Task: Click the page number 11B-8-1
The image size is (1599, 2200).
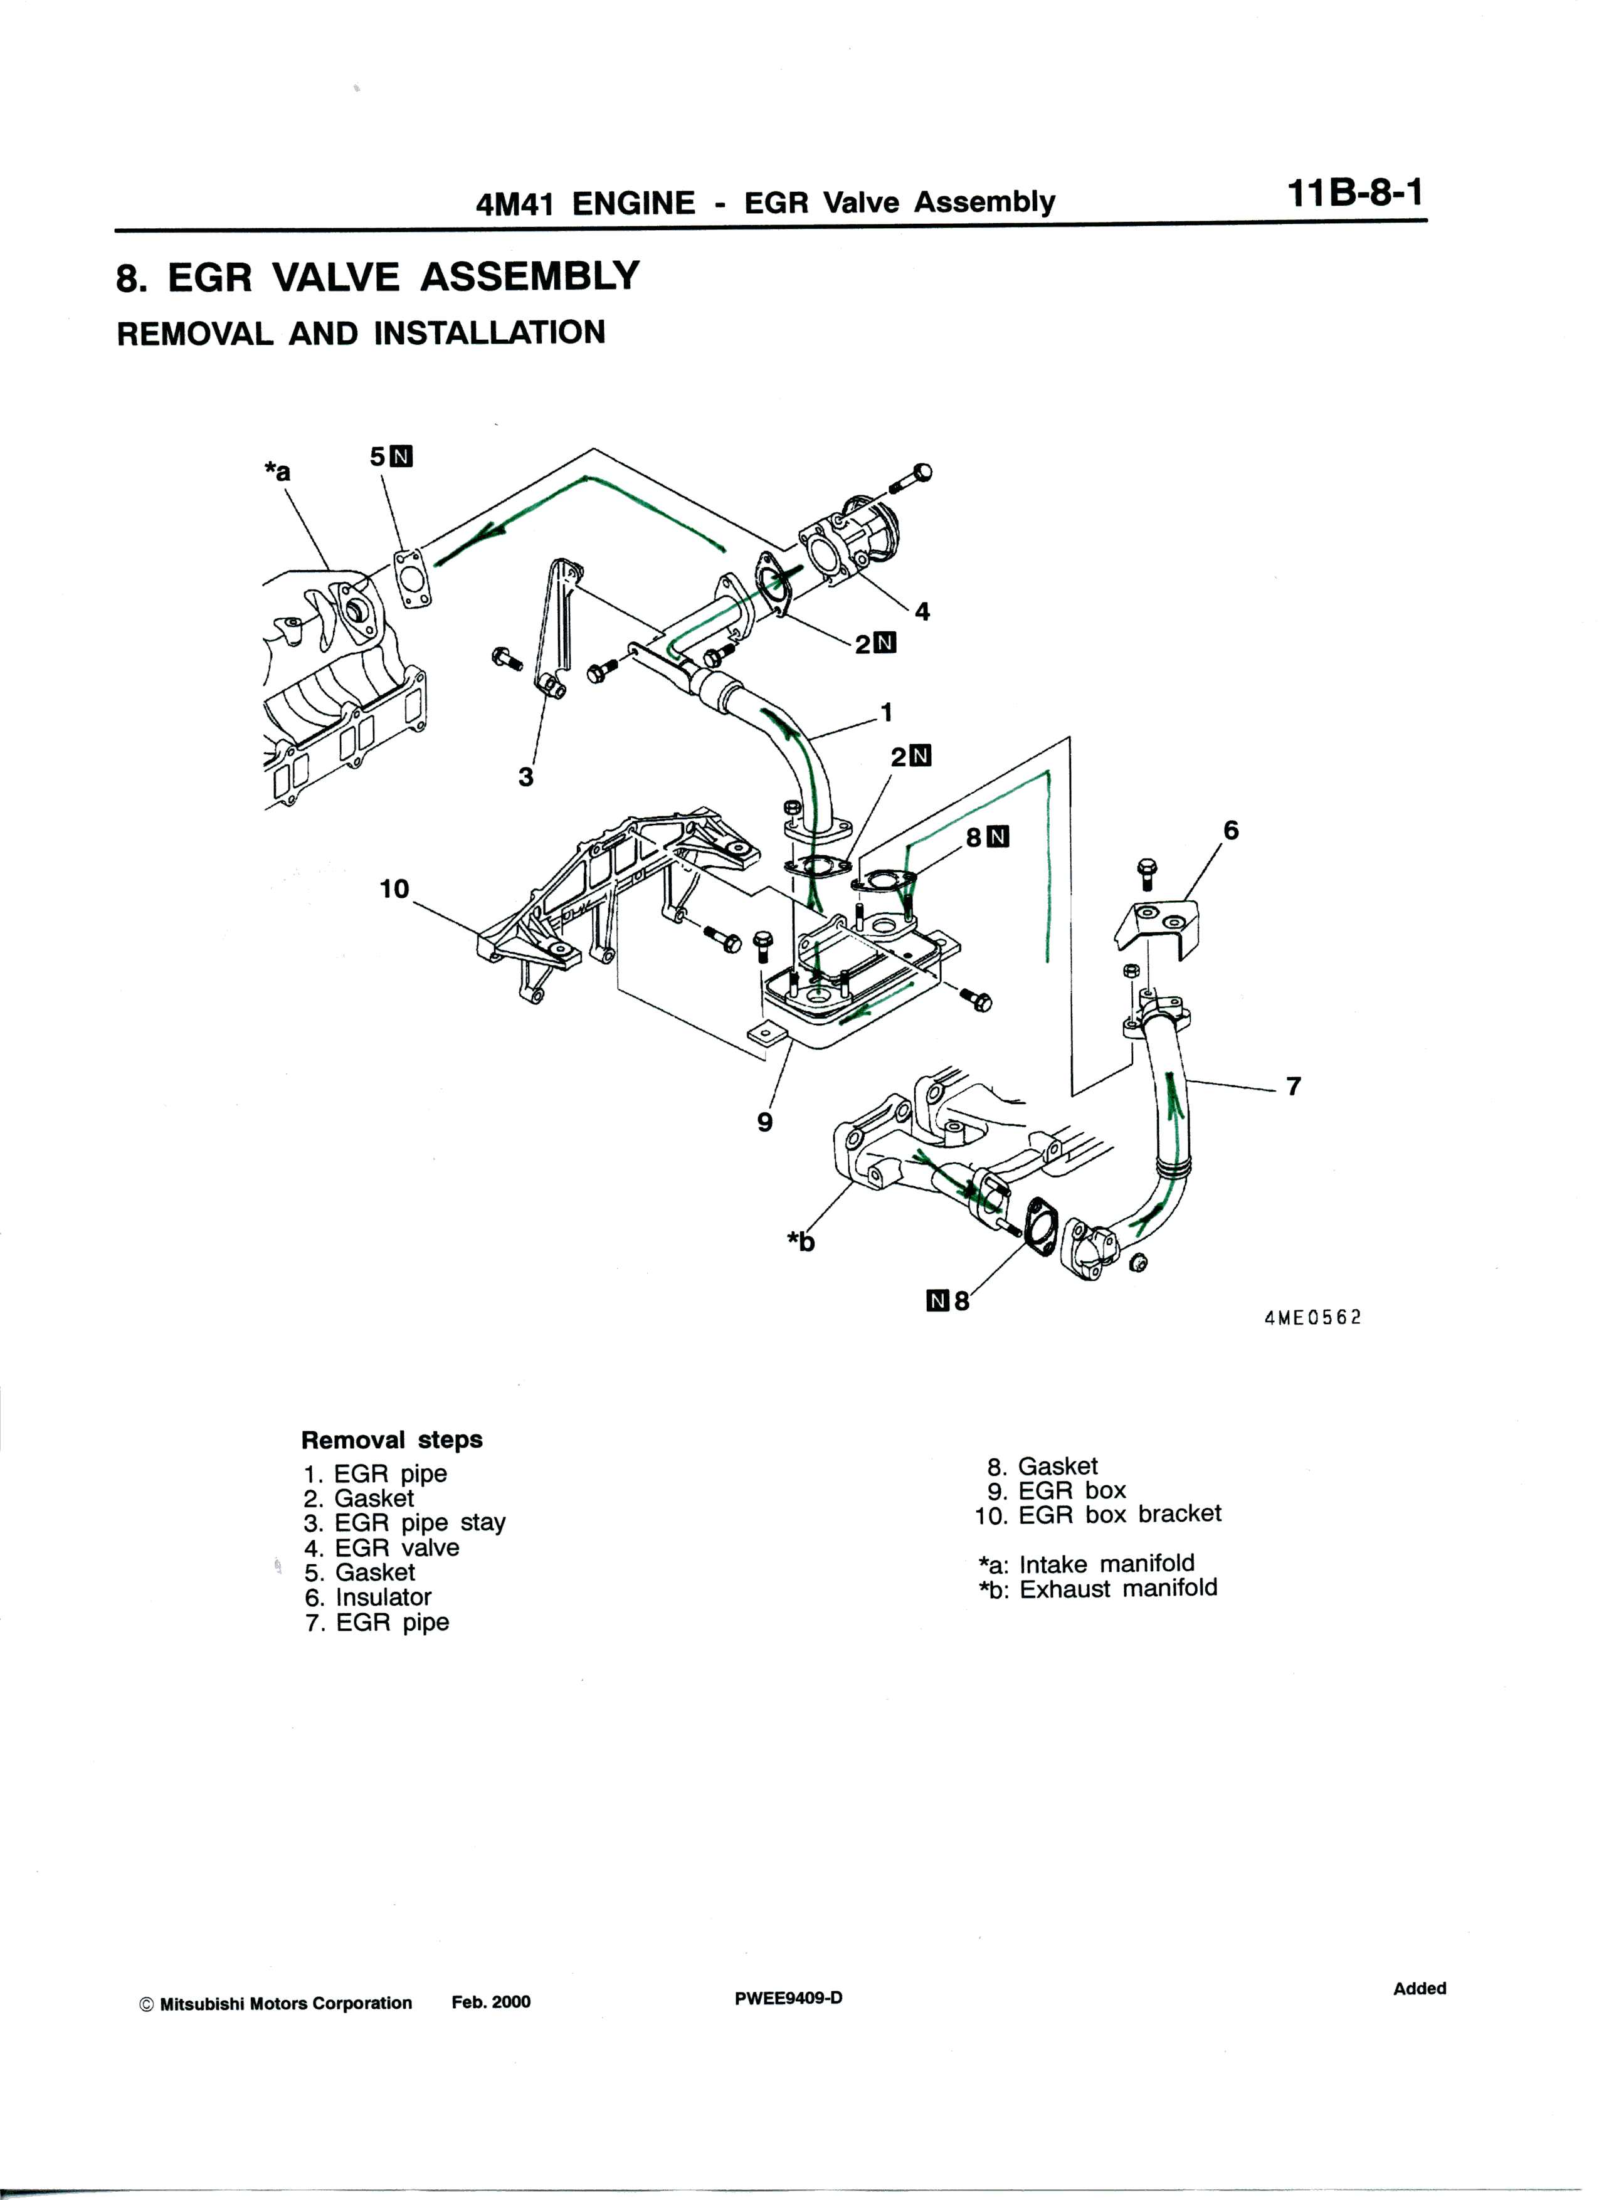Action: [1356, 194]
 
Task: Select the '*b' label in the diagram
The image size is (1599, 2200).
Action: [801, 1241]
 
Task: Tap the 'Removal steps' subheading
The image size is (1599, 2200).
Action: [391, 1439]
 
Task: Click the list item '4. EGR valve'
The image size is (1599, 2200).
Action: [381, 1547]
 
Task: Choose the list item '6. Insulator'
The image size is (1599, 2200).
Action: [367, 1597]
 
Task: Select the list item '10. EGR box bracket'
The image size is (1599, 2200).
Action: [1099, 1513]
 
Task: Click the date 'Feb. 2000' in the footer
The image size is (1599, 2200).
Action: [491, 2002]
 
